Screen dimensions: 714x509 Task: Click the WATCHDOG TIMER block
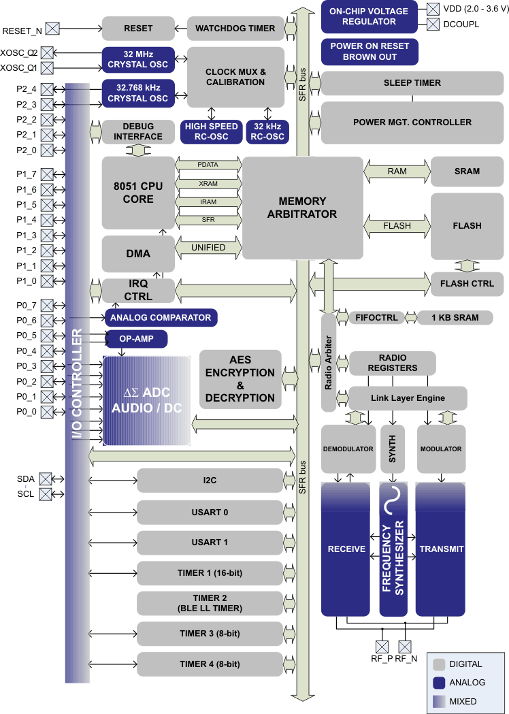[x=235, y=29]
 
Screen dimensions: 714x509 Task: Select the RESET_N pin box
[x=52, y=29]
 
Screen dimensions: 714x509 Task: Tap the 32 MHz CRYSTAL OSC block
[x=137, y=59]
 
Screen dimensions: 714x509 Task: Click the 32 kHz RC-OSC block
[x=267, y=131]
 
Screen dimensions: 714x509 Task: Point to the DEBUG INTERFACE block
[x=138, y=131]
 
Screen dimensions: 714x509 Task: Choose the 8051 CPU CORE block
[x=138, y=193]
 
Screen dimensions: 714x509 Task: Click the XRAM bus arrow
[x=208, y=184]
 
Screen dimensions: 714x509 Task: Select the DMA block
[x=138, y=254]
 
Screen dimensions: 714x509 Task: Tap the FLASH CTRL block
[x=467, y=283]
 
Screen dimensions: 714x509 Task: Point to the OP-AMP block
[x=135, y=338]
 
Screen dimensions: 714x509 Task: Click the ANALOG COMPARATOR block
[x=161, y=317]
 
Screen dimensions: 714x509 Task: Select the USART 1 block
[x=210, y=542]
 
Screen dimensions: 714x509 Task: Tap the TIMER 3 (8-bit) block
[x=210, y=634]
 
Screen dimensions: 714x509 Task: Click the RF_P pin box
[x=382, y=646]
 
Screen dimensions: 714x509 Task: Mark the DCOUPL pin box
[x=433, y=25]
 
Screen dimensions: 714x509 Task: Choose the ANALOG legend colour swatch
[x=439, y=683]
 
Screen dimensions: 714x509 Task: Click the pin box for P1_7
[x=48, y=174]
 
